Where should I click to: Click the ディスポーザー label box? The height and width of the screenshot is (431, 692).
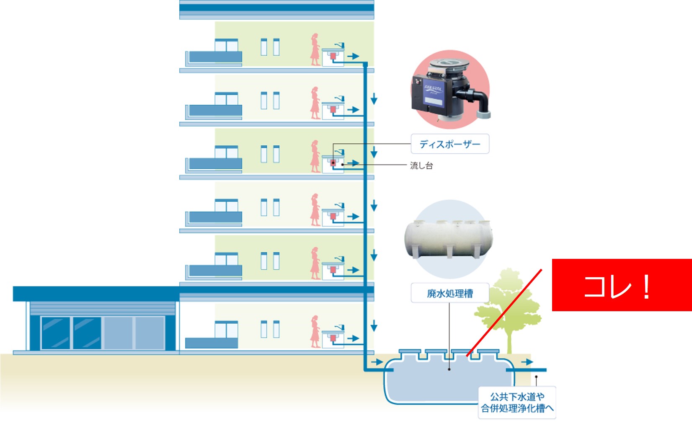(x=449, y=144)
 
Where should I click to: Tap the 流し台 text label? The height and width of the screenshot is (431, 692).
(x=421, y=165)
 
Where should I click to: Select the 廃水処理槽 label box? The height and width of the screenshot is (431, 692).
(x=449, y=293)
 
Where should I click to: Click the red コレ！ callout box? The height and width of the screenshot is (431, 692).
(x=622, y=285)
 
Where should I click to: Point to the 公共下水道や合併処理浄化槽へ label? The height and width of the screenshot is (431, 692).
(x=517, y=403)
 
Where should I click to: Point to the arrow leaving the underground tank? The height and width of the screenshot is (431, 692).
(x=527, y=362)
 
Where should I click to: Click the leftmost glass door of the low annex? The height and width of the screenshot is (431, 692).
(x=56, y=333)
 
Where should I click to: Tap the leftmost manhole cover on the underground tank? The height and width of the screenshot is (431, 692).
(x=409, y=351)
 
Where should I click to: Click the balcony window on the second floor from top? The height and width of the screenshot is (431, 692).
(x=226, y=98)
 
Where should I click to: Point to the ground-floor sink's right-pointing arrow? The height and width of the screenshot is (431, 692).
(x=353, y=338)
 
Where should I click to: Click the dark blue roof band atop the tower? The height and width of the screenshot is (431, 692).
(x=276, y=7)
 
